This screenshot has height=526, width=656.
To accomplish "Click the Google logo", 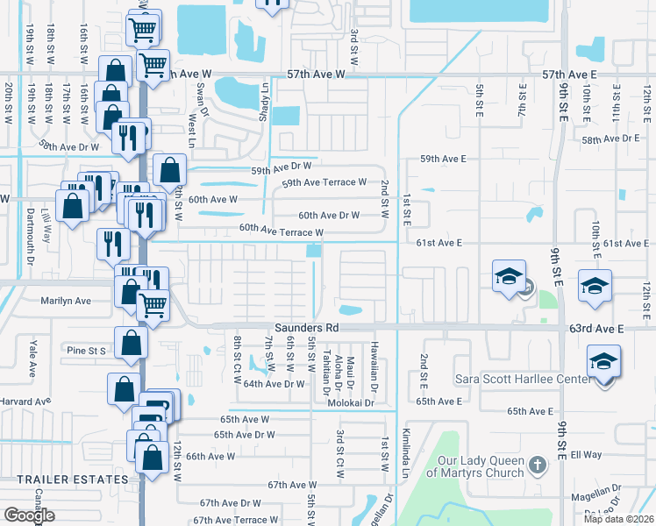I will [29, 515].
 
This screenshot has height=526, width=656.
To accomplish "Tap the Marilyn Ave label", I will [66, 300].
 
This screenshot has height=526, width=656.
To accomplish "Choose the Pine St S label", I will [86, 350].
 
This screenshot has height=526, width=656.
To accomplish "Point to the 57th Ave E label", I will [571, 75].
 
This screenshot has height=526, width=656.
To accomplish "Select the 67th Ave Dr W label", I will [230, 503].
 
